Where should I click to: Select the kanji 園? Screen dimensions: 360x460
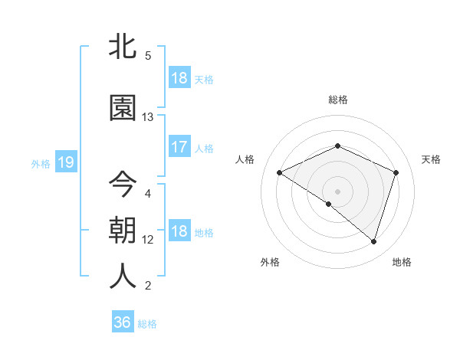tap(123, 108)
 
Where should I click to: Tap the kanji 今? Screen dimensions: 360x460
tap(123, 184)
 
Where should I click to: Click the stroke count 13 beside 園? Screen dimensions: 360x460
tap(148, 117)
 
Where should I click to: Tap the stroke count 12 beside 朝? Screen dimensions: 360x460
tap(148, 240)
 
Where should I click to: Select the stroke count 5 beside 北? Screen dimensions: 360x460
tap(148, 56)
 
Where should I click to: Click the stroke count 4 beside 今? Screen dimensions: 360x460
tap(148, 193)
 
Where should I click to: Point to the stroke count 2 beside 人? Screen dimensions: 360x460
tap(148, 286)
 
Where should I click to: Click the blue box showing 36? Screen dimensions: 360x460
tap(123, 322)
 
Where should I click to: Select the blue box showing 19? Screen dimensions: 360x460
tap(65, 162)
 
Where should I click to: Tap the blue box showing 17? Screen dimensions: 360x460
tap(179, 147)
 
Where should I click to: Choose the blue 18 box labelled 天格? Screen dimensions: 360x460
tap(179, 78)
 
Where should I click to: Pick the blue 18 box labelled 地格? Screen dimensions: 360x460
tap(179, 231)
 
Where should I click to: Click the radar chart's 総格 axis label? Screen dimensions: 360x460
tap(337, 100)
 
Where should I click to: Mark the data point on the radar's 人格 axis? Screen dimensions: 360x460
tap(280, 173)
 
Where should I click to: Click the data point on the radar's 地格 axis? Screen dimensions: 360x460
tap(373, 241)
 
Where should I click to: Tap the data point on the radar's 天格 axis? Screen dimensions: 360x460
tap(396, 172)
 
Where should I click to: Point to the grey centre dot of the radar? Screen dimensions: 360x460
tap(337, 191)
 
